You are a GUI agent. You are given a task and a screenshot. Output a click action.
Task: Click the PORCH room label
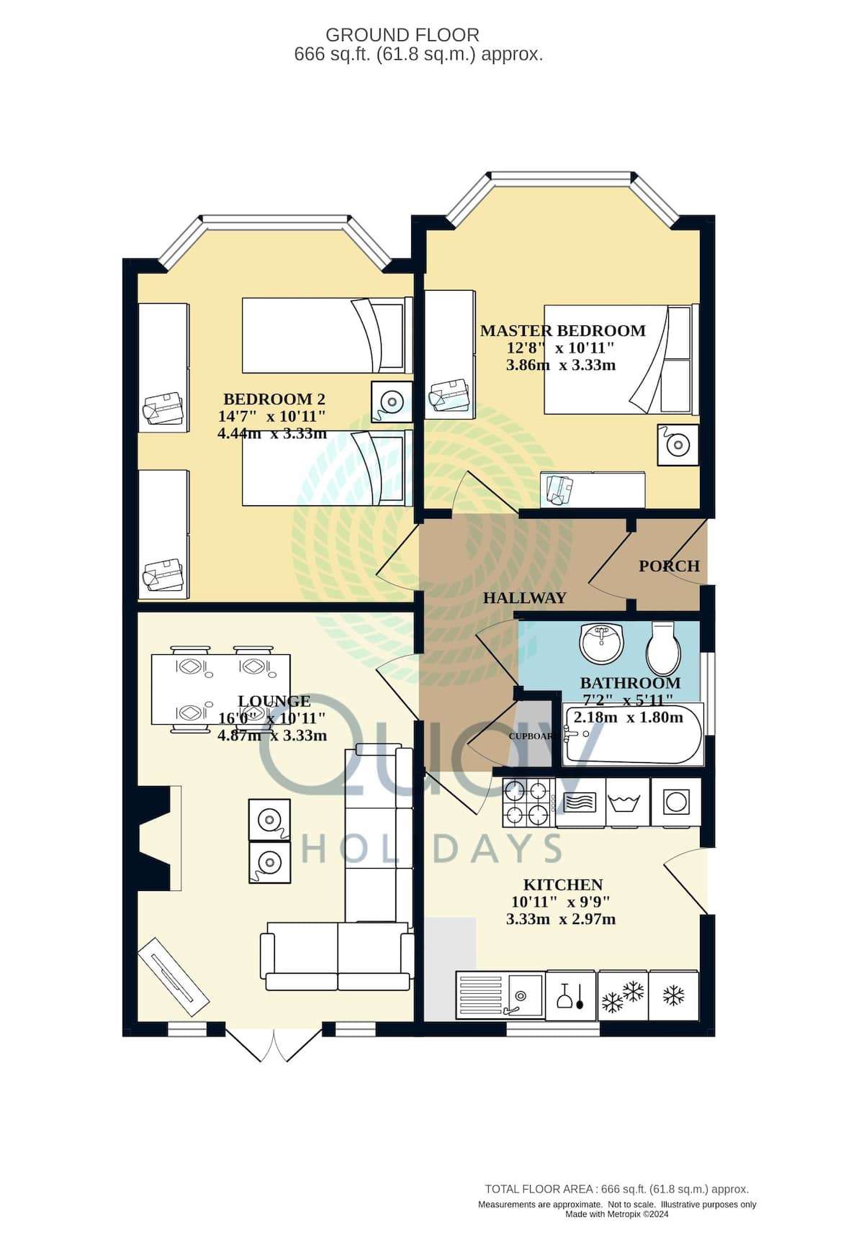669,566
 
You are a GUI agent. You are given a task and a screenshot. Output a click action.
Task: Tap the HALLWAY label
524,597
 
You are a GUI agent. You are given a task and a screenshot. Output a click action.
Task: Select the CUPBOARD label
531,736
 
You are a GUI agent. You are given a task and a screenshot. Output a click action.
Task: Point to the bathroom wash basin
601,643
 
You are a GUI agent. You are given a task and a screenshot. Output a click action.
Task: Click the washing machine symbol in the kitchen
675,802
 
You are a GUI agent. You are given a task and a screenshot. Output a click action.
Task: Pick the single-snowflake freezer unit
674,995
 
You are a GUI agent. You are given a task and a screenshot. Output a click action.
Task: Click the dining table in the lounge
220,689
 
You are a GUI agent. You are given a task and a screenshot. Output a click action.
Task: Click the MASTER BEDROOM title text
562,331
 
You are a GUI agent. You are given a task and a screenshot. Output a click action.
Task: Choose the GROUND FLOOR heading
402,35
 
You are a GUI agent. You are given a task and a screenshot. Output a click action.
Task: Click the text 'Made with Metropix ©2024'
617,1214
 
